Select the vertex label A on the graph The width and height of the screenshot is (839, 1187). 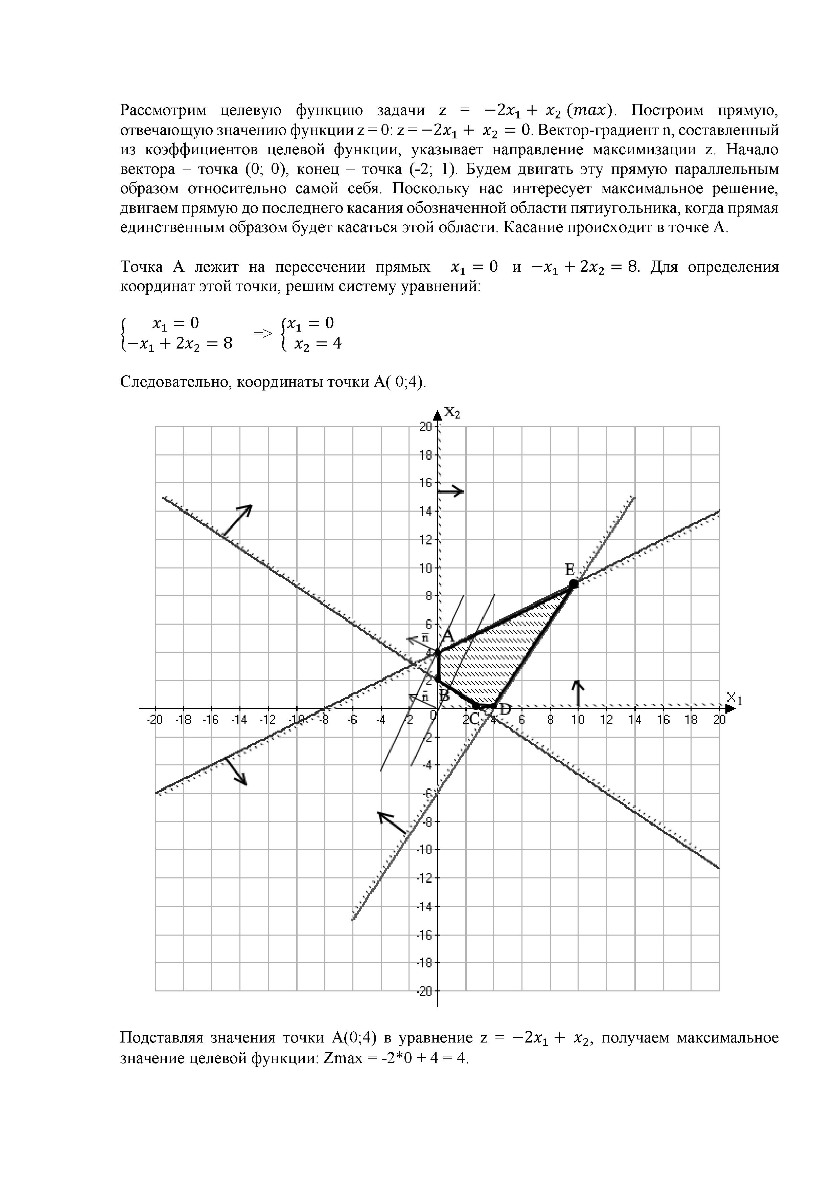(447, 636)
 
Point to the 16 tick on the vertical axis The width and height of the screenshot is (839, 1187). (426, 483)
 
